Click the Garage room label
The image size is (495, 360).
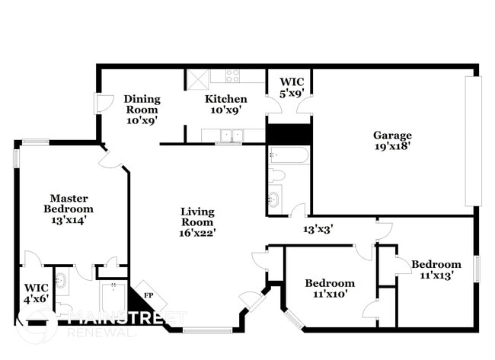(392, 135)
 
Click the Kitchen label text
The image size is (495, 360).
(225, 99)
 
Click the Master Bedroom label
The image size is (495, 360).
(68, 203)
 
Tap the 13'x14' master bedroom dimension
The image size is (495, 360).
(68, 220)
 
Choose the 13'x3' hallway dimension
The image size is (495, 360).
(318, 228)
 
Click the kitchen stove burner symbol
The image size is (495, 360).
(232, 75)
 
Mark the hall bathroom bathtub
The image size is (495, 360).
(289, 156)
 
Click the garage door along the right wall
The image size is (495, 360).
(473, 140)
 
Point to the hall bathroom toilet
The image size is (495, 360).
(277, 176)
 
